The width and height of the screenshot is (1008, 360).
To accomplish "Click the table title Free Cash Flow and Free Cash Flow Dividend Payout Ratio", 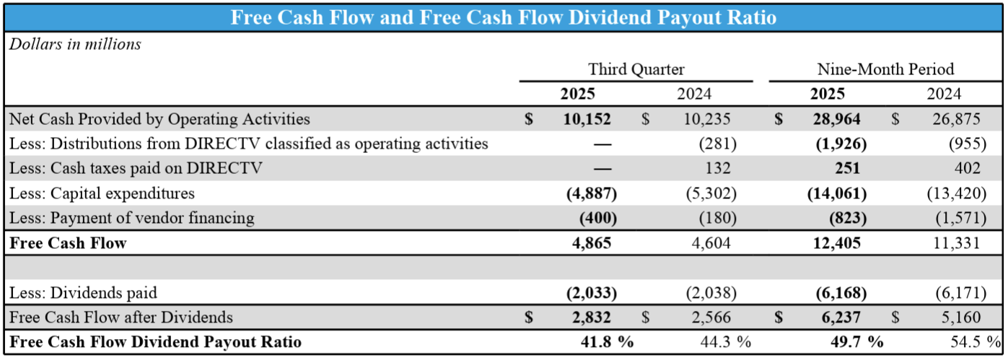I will pyautogui.click(x=503, y=17).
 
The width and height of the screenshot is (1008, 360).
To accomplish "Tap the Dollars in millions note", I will pyautogui.click(x=75, y=44).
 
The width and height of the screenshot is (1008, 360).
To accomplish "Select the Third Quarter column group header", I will pyautogui.click(x=636, y=69).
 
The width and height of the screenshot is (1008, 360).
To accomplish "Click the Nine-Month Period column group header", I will pyautogui.click(x=885, y=69).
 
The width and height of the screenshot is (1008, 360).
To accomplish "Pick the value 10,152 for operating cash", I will pyautogui.click(x=587, y=119).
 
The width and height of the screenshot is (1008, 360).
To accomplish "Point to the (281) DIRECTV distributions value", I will pyautogui.click(x=717, y=144).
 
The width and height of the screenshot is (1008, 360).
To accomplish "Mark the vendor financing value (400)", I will pyautogui.click(x=598, y=218).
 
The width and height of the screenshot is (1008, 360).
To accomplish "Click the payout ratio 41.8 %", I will pyautogui.click(x=607, y=341).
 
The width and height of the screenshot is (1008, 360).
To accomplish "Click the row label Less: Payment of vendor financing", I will pyautogui.click(x=131, y=218).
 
